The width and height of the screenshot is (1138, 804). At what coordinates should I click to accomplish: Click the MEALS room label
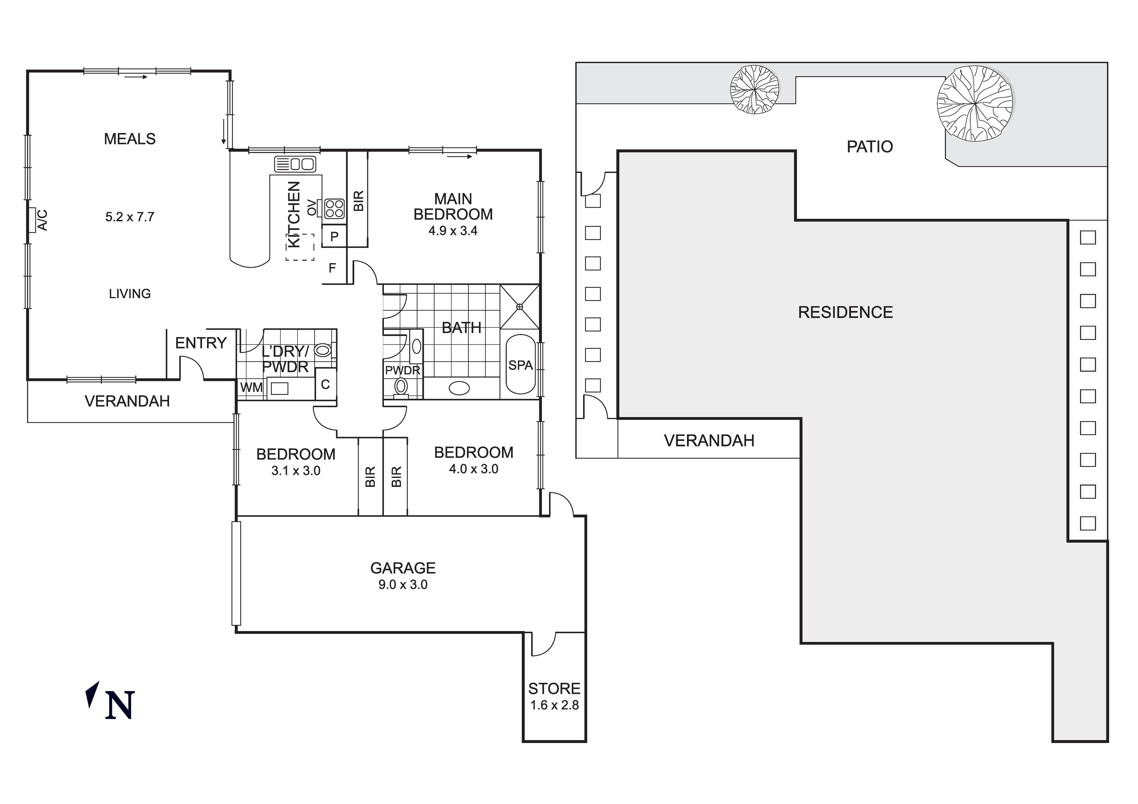point(129,139)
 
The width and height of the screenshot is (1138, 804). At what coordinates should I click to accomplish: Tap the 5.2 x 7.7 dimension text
point(129,217)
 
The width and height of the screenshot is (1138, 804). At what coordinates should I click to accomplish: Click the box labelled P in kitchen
point(334,237)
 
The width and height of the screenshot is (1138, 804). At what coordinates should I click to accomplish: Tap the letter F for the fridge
point(332,268)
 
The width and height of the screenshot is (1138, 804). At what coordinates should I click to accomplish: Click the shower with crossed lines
point(520,307)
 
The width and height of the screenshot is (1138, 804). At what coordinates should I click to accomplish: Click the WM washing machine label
point(251,388)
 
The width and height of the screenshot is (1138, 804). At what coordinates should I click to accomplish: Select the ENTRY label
point(201,343)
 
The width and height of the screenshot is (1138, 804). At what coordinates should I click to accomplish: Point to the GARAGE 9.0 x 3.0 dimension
point(403,585)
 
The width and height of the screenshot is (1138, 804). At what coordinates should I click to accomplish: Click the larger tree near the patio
point(974,103)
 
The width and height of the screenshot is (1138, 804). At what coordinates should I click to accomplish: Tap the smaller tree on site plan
point(754,90)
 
